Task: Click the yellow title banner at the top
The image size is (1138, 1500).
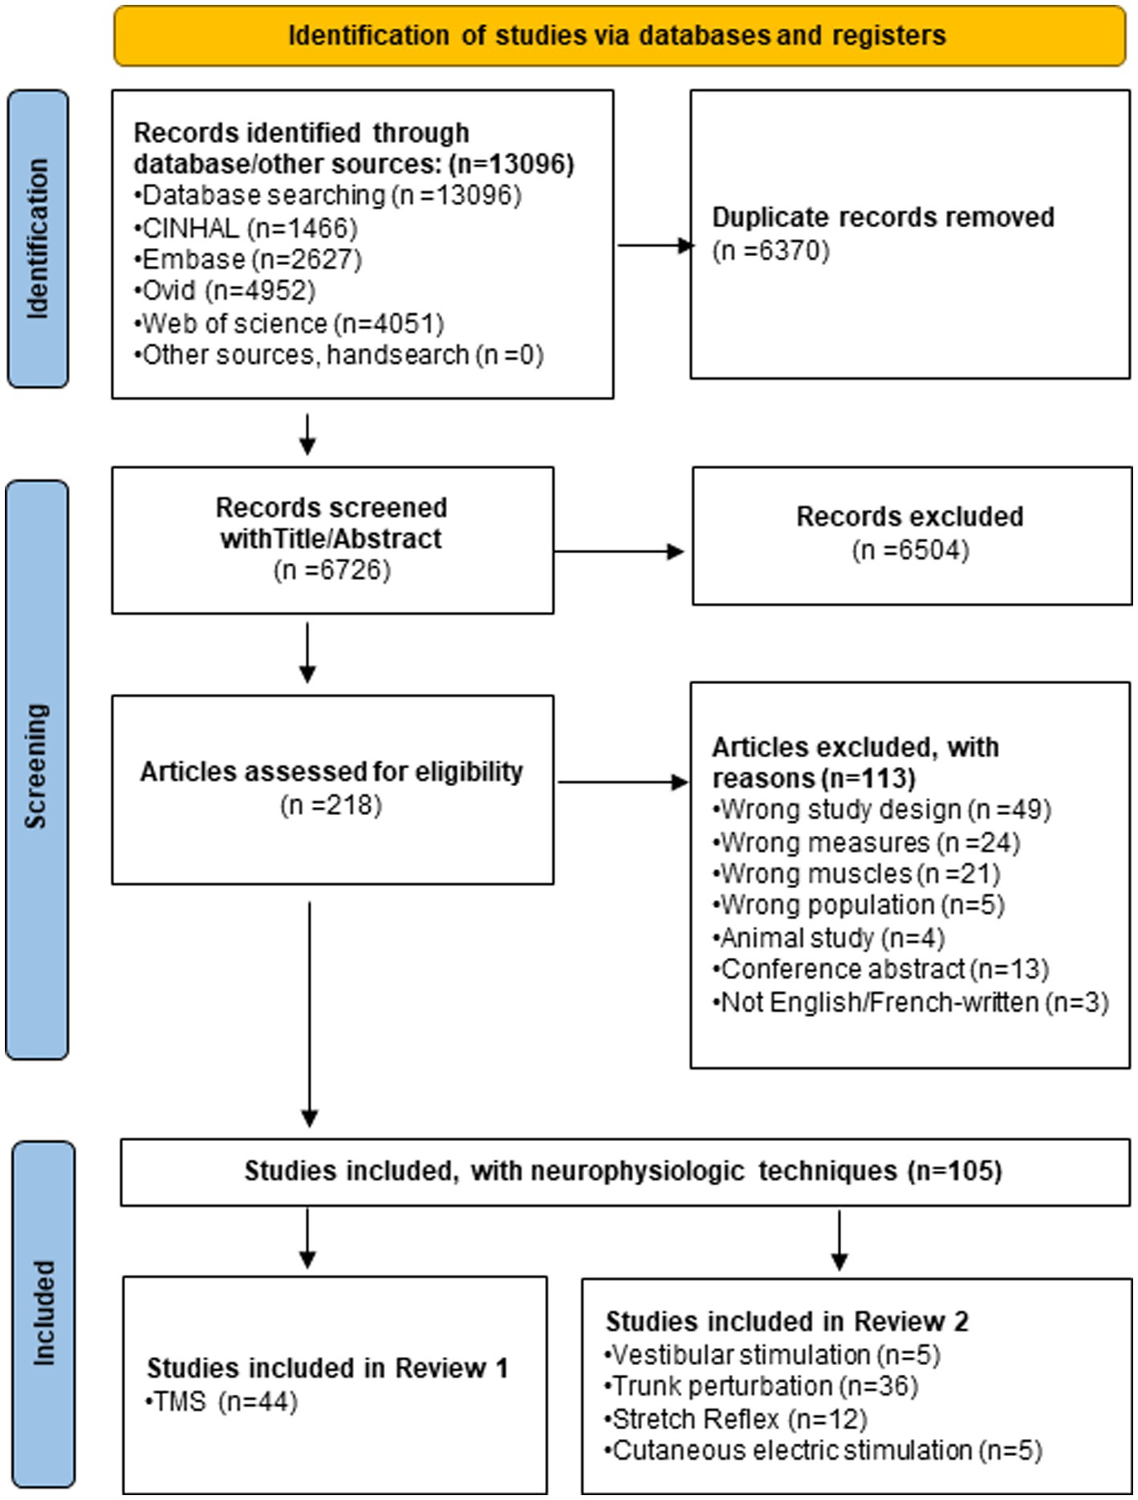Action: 620,36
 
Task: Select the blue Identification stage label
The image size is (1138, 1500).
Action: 38,238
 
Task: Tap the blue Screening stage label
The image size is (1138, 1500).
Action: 37,769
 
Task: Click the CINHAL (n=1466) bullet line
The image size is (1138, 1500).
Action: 246,228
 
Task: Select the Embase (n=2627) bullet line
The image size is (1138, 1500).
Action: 248,259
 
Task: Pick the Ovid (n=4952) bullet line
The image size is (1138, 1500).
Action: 225,291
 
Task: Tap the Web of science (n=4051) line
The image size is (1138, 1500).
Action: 289,323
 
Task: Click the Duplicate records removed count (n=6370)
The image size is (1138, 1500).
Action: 771,251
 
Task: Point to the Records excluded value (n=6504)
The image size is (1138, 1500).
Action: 911,550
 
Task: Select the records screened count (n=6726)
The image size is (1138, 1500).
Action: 332,570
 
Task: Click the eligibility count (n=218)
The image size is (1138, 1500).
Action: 331,805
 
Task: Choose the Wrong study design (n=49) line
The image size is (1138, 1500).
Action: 882,809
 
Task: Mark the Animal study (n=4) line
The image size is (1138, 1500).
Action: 829,938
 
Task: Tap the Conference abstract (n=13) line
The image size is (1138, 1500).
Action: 881,969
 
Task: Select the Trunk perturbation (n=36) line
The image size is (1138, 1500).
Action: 761,1386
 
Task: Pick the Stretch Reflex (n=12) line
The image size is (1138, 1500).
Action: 736,1419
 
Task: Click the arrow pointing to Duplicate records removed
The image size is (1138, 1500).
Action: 656,245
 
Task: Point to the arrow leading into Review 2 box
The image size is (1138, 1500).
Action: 839,1240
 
